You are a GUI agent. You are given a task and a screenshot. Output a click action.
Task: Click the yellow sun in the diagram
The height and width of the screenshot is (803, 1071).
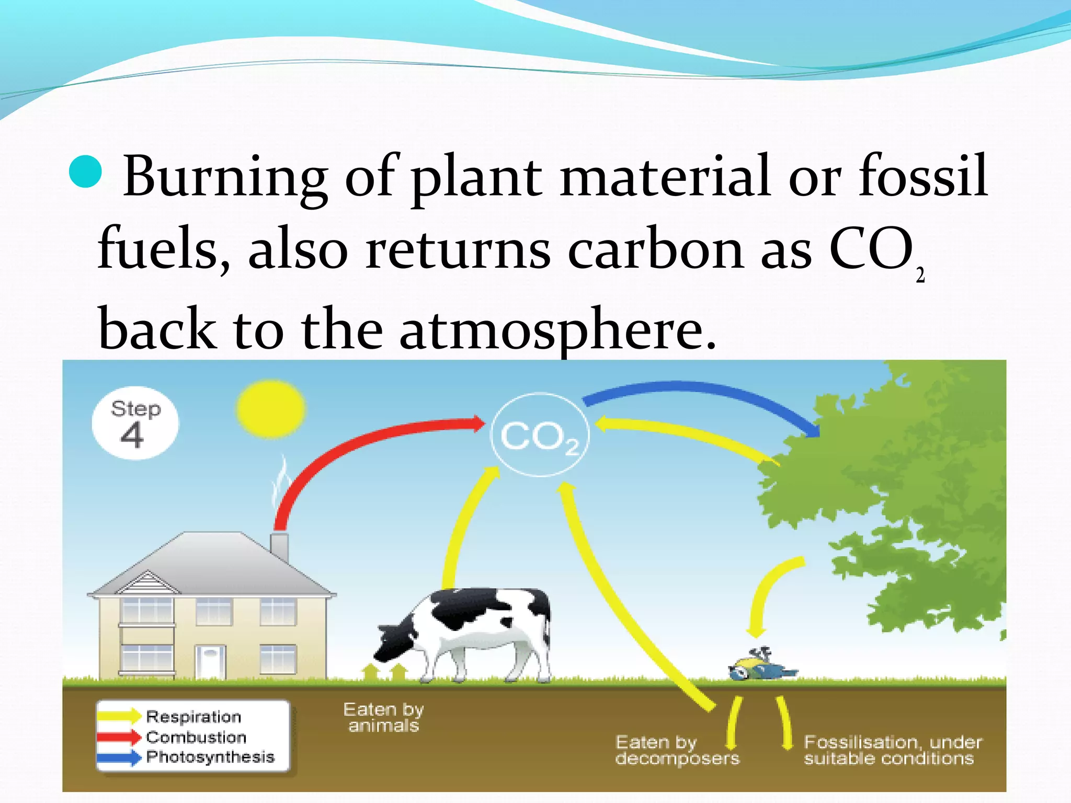point(270,409)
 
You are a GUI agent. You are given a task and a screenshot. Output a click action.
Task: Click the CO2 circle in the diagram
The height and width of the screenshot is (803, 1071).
point(540,435)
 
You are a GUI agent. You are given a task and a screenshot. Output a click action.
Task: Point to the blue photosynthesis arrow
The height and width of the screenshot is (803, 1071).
point(701,392)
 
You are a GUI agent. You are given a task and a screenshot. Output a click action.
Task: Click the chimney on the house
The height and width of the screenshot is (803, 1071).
point(279,546)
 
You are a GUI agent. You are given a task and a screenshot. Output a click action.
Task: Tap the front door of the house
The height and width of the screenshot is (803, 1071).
point(211,661)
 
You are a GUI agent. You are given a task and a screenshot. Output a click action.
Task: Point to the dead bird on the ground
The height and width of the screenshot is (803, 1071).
point(761,667)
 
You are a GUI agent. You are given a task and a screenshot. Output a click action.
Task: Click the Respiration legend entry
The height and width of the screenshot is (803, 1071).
point(193,716)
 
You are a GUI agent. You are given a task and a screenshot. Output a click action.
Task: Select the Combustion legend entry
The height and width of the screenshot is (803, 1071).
point(196,737)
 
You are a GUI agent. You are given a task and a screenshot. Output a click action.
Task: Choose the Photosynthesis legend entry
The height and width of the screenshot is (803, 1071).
point(210,757)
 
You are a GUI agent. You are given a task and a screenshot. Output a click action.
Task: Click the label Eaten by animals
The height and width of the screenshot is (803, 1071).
point(383,717)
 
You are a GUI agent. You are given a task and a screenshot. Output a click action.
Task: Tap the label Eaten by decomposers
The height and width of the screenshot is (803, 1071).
point(677,750)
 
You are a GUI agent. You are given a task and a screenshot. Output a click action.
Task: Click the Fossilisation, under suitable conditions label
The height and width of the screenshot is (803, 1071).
point(892,750)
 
